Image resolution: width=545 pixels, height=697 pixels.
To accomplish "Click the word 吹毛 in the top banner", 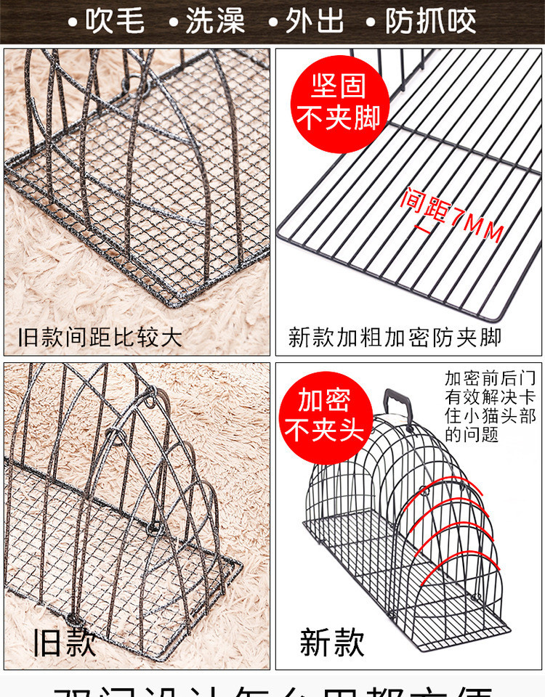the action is click(x=115, y=21).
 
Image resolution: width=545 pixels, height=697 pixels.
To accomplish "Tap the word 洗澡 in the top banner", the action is click(x=215, y=21).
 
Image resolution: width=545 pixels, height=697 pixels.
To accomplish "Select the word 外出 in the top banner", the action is click(x=315, y=21).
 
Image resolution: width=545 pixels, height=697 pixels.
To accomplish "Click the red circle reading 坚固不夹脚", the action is click(x=339, y=102).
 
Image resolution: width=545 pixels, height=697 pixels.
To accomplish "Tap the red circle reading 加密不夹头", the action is click(x=324, y=415).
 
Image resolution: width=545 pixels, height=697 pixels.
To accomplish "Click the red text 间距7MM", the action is click(x=451, y=214).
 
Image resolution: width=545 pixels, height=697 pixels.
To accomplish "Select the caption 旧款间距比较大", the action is click(x=100, y=337).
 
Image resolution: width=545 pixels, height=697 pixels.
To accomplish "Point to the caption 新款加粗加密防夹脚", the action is click(x=395, y=337).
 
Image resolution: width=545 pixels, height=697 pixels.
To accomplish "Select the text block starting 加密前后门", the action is click(x=490, y=407).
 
